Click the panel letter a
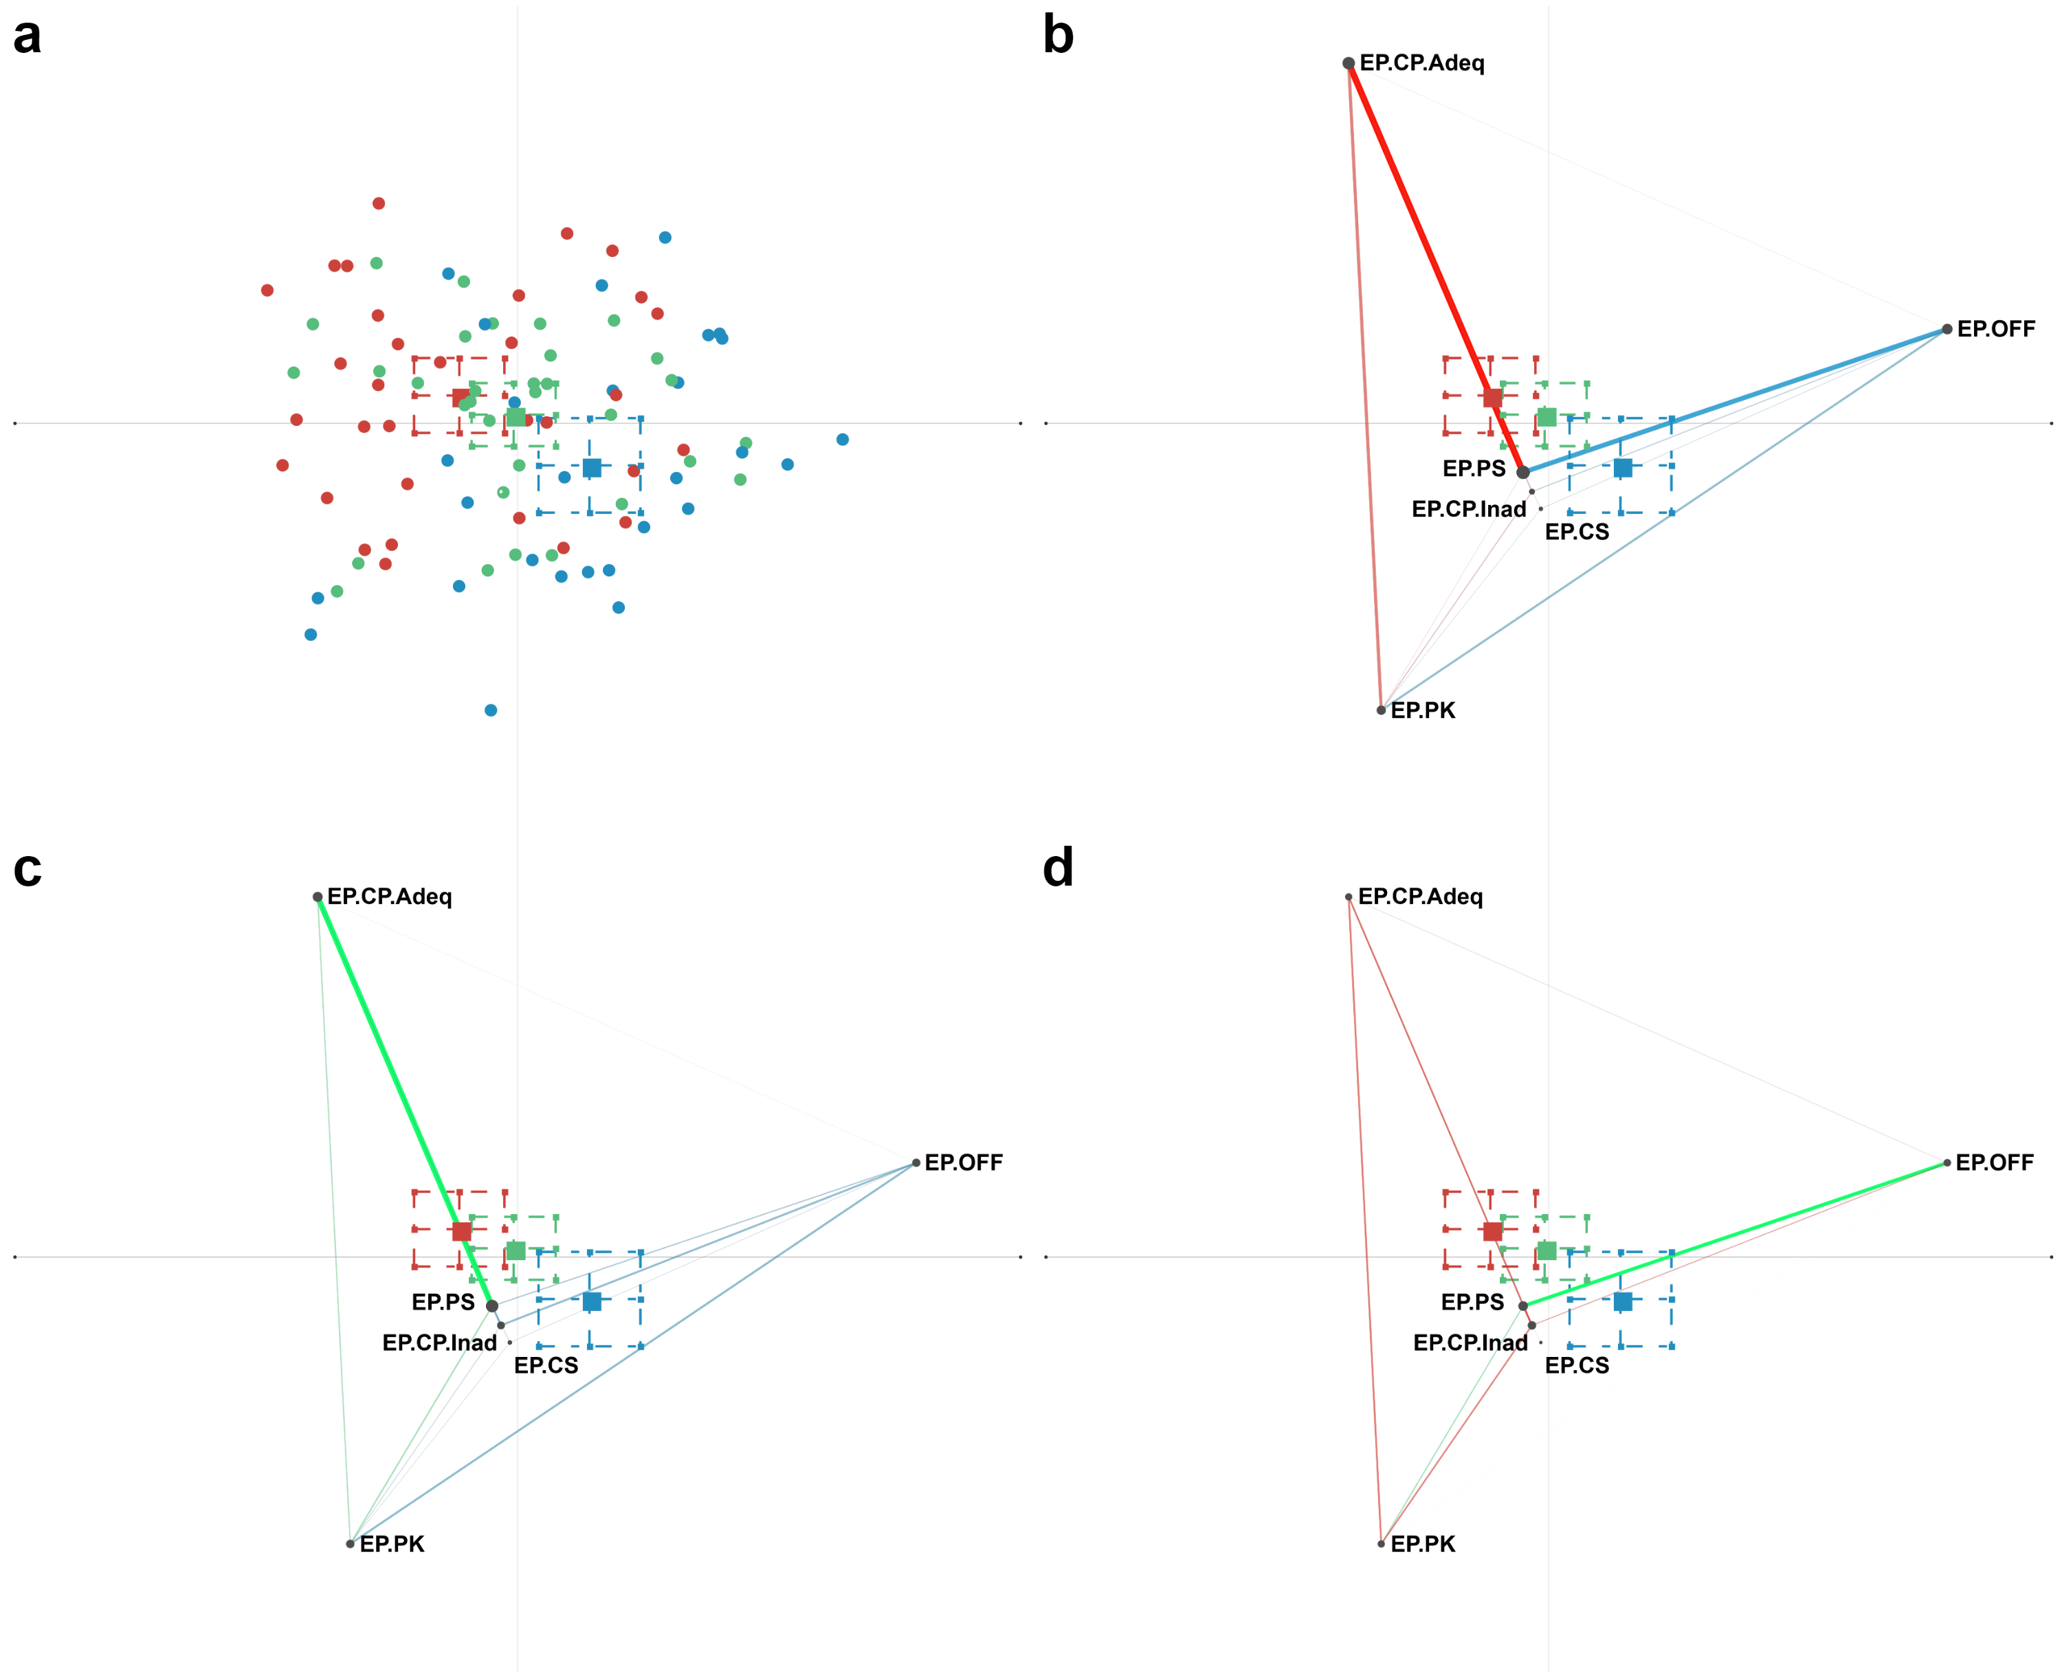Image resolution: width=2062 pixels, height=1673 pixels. pos(27,36)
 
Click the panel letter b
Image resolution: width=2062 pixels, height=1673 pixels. pos(1058,36)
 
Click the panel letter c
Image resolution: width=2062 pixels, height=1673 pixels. pos(27,869)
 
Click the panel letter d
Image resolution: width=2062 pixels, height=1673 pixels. pos(1058,869)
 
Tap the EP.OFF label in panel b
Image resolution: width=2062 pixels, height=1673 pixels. pos(1995,330)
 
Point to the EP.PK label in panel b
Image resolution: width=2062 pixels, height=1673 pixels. pos(1422,710)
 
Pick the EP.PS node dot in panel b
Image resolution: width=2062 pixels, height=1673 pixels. pos(1522,472)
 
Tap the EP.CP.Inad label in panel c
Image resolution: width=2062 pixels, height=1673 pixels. pos(440,1343)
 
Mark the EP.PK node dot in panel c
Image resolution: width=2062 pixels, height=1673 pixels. pos(350,1543)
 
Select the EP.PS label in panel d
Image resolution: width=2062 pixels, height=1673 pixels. pos(1472,1302)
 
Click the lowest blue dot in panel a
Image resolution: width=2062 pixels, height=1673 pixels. pos(491,710)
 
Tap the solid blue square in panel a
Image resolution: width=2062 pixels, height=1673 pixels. pos(592,467)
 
